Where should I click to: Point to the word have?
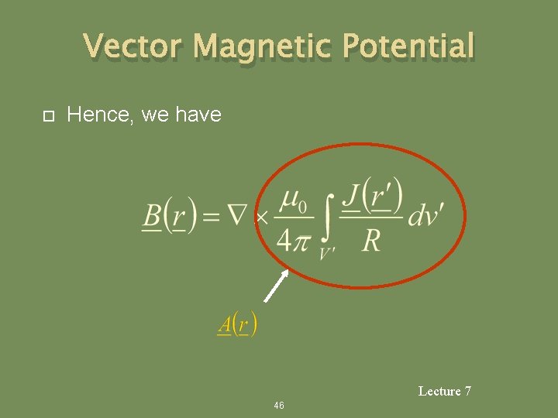point(198,115)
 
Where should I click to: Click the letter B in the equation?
point(153,216)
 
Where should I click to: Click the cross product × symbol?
point(263,218)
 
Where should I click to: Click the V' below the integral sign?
point(327,254)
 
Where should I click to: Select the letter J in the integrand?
point(353,197)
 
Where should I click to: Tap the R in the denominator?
point(371,242)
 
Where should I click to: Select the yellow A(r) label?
point(237,323)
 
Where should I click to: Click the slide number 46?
point(279,406)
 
